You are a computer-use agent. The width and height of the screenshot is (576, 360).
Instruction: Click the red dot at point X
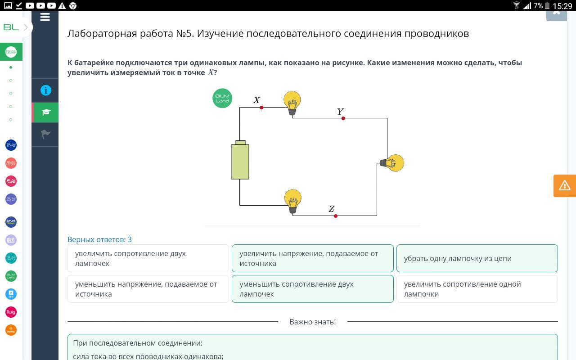point(261,108)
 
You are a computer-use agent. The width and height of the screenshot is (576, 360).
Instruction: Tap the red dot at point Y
point(343,118)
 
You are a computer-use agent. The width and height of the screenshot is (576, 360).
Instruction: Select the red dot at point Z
point(336,216)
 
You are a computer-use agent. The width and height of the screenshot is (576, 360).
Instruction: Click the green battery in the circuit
point(240,160)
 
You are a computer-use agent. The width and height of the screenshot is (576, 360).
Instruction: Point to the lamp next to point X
point(292,103)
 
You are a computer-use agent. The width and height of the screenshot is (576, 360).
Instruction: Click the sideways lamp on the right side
point(392,163)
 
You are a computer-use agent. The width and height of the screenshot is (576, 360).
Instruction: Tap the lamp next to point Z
point(292,201)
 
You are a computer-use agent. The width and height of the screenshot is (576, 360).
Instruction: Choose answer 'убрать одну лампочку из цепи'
point(477,258)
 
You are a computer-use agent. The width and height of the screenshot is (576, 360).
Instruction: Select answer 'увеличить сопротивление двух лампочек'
point(148,258)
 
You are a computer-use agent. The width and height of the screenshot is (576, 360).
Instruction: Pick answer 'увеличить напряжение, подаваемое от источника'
point(312,258)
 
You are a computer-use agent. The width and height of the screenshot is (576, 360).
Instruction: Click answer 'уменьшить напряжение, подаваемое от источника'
point(148,289)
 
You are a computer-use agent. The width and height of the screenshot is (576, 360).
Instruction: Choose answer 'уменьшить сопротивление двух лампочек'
point(312,289)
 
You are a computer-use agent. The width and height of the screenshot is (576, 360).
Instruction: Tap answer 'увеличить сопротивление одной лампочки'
point(477,289)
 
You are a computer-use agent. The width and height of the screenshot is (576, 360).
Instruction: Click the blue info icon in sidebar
point(46,90)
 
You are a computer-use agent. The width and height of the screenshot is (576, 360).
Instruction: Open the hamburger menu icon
point(45,17)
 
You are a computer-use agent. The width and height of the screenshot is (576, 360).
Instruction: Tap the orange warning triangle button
point(565,186)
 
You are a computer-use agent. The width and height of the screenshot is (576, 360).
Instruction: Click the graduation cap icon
point(46,112)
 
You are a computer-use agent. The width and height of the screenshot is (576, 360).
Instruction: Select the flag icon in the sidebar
point(45,134)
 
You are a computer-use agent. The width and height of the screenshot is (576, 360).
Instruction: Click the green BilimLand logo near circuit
point(222,98)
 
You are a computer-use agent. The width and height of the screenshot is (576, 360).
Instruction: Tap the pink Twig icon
point(11,312)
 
